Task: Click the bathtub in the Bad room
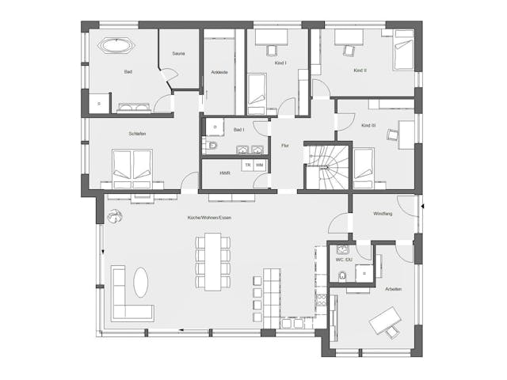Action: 116,46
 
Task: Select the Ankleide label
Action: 219,72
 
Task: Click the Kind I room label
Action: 280,63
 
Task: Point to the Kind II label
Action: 359,70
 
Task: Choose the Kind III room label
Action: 368,126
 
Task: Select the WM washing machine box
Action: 259,165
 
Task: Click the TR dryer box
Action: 248,165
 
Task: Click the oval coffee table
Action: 141,282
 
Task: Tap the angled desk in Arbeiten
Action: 385,321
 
